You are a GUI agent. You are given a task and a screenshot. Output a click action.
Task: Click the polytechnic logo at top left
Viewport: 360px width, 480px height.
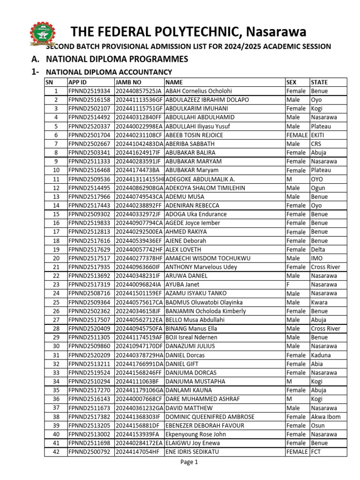click(44, 34)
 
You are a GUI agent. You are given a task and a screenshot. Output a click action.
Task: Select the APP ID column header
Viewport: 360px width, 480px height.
click(79, 82)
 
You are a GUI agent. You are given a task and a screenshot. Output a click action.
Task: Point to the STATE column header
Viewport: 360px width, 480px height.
click(319, 82)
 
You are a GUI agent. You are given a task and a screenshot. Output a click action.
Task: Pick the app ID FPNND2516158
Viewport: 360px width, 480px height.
click(90, 100)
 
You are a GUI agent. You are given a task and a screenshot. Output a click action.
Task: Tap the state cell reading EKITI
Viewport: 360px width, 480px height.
click(318, 135)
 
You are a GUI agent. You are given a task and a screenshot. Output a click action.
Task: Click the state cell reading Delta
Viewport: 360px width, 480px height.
click(318, 249)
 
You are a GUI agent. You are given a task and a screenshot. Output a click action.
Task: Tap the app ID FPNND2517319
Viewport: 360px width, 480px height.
click(90, 285)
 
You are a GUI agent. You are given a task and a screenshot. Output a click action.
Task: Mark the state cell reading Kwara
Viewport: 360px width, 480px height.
click(319, 302)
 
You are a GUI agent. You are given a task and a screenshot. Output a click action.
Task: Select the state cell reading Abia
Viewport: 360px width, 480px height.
click(317, 364)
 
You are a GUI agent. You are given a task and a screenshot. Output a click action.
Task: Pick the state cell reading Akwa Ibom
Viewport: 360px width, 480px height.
click(326, 417)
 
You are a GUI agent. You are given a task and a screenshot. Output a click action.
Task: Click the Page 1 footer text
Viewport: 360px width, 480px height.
click(190, 462)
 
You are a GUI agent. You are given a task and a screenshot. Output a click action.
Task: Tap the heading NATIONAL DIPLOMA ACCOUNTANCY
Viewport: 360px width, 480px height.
click(109, 72)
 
